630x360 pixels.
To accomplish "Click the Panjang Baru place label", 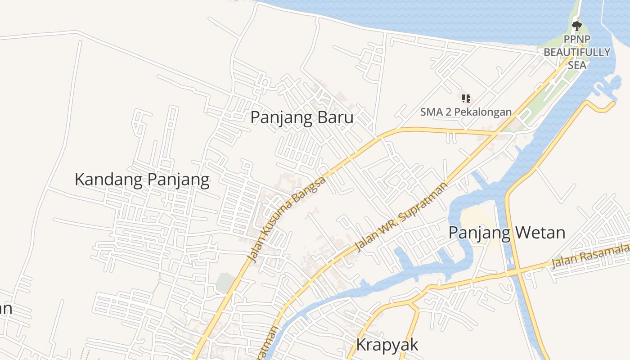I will point(301,117).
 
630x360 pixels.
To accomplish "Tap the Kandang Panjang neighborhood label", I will point(142,180).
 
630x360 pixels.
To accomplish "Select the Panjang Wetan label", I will point(507,233).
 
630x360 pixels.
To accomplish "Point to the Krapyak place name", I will point(387,345).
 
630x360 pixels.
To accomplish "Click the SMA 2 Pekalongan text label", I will point(466,112).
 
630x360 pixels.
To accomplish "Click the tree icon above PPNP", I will point(577,25).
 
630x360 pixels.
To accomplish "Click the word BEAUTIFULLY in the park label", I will point(577,52).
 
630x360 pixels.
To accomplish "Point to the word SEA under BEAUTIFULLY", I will point(577,65).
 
